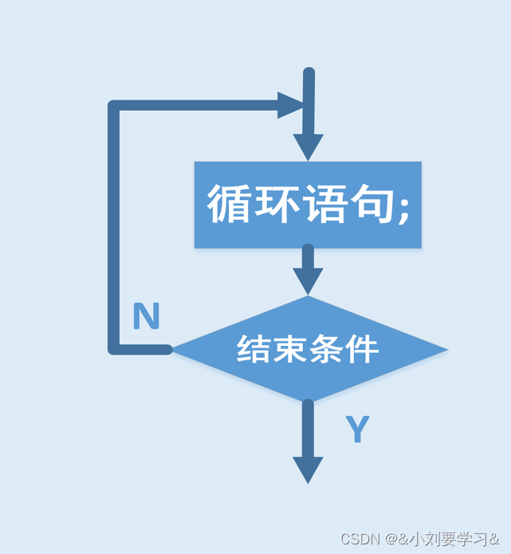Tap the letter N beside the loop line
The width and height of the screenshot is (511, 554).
[146, 317]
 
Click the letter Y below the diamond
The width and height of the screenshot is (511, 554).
[358, 430]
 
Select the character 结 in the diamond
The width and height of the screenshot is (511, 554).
[254, 349]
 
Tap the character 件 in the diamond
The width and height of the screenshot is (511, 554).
[361, 349]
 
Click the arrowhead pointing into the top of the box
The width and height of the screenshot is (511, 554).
[308, 146]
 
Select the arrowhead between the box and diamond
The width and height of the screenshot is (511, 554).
[308, 280]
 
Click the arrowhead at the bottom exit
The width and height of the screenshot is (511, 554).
[308, 469]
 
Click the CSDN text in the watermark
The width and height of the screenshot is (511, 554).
[359, 539]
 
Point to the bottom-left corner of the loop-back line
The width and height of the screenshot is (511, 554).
[114, 349]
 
